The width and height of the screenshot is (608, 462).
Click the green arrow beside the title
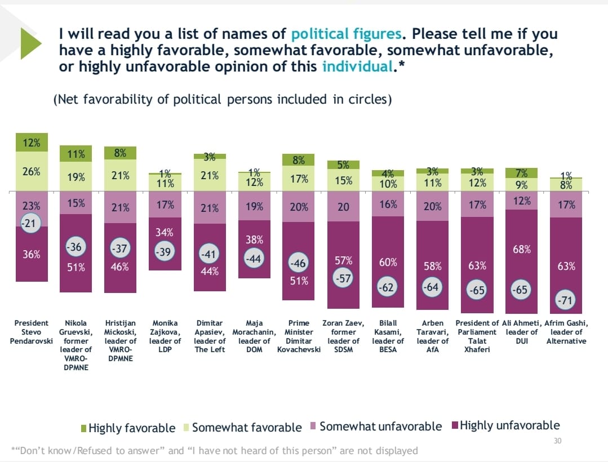pyautogui.click(x=30, y=43)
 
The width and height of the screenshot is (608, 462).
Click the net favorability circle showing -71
pyautogui.click(x=565, y=301)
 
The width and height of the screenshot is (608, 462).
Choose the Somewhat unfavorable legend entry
pyautogui.click(x=375, y=427)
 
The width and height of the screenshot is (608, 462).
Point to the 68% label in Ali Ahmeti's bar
pyautogui.click(x=522, y=249)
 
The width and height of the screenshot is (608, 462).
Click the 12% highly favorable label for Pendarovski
pyautogui.click(x=31, y=143)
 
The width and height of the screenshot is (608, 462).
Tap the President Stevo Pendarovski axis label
pyautogui.click(x=31, y=332)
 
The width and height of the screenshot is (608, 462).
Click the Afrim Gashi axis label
pyautogui.click(x=566, y=332)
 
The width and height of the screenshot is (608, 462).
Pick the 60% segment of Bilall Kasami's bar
pyautogui.click(x=388, y=262)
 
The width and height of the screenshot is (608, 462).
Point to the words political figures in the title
pyautogui.click(x=346, y=33)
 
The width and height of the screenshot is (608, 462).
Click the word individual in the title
pyautogui.click(x=357, y=67)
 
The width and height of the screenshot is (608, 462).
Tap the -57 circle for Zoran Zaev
pyautogui.click(x=343, y=279)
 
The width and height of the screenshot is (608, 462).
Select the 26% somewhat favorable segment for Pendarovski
pyautogui.click(x=31, y=171)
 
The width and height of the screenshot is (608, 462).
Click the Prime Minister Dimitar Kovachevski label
pyautogui.click(x=299, y=336)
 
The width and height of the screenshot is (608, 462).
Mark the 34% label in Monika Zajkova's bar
pyautogui.click(x=165, y=232)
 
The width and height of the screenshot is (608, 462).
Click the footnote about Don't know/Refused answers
pyautogui.click(x=215, y=450)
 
